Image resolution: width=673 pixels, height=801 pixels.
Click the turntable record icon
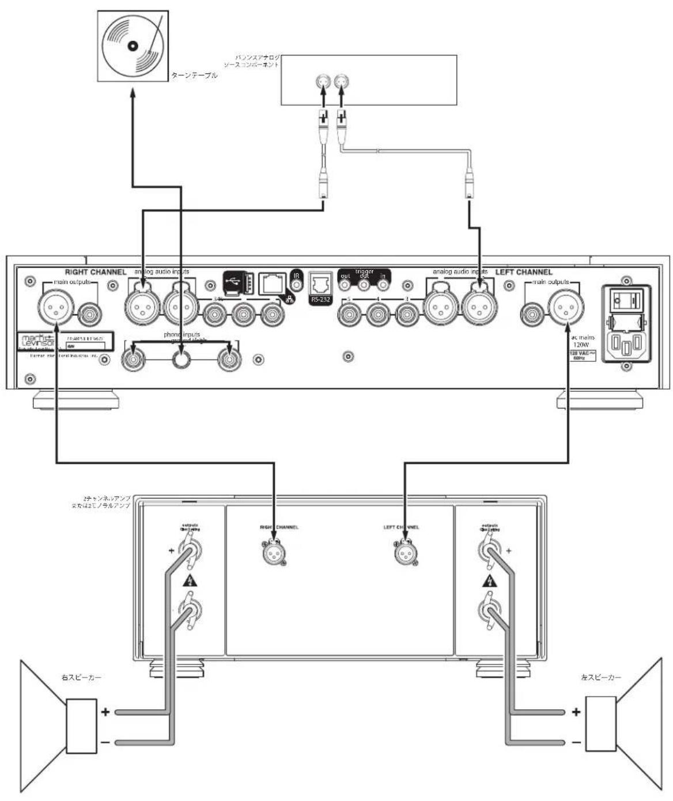coord(133,47)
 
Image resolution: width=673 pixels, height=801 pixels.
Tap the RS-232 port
coord(320,286)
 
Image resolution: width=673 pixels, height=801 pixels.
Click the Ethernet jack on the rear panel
coord(273,283)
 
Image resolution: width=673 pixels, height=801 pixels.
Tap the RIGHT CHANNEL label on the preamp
coord(96,272)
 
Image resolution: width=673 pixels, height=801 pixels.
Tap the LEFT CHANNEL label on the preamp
coord(523,272)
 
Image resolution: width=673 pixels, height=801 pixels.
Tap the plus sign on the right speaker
coord(105,712)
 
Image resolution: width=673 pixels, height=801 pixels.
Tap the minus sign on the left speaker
coord(576,742)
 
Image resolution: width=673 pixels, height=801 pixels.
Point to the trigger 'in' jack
coord(382,283)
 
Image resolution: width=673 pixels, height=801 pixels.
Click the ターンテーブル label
coord(194,75)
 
